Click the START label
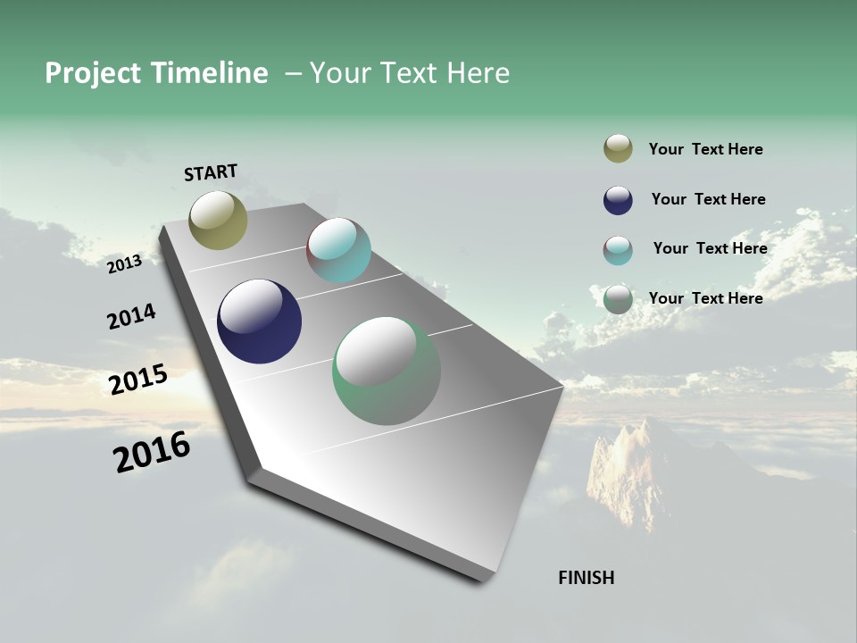pos(211,172)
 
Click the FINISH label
pos(586,578)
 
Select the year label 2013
pos(125,263)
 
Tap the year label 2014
pos(132,317)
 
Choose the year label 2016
pos(152,452)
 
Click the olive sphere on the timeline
pos(219,220)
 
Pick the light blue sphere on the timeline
pos(338,250)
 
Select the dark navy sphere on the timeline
pos(259,321)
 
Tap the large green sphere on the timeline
pos(386,371)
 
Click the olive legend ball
pos(618,148)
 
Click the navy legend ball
pos(618,200)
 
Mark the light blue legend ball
pos(618,250)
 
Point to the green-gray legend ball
pos(618,299)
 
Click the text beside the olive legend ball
pos(705,149)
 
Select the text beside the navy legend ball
pos(708,199)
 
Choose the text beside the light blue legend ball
pos(710,248)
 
